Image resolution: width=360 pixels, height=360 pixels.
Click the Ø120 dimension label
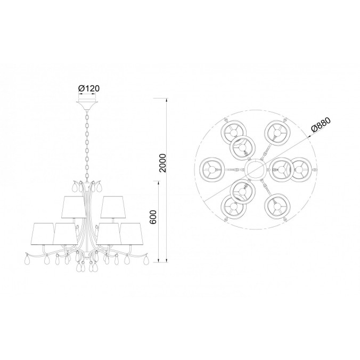88,88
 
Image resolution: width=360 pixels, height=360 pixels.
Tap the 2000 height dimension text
162,163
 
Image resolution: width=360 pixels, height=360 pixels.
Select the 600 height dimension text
153,217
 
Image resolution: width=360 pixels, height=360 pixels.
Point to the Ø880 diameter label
321,125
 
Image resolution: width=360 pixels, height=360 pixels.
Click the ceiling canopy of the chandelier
87,105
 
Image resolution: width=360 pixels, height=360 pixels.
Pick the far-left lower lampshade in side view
43,233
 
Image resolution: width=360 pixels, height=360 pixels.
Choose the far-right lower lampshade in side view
132,233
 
